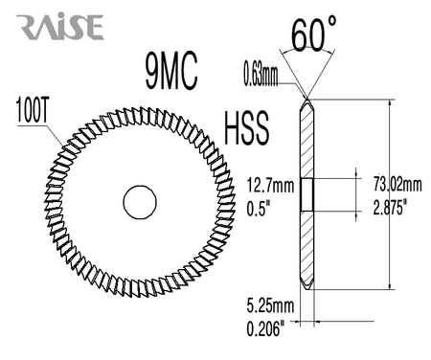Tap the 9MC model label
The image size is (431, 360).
pyautogui.click(x=171, y=72)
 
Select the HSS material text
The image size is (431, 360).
pyautogui.click(x=246, y=128)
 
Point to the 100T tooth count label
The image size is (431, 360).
pyautogui.click(x=32, y=110)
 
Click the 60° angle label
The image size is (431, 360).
pyautogui.click(x=314, y=34)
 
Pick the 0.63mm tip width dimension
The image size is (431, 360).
pyautogui.click(x=261, y=75)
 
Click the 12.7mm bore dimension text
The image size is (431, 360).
pyautogui.click(x=270, y=186)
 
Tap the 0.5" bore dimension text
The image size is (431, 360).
pyautogui.click(x=259, y=209)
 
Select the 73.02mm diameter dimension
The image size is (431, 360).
pyautogui.click(x=397, y=184)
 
